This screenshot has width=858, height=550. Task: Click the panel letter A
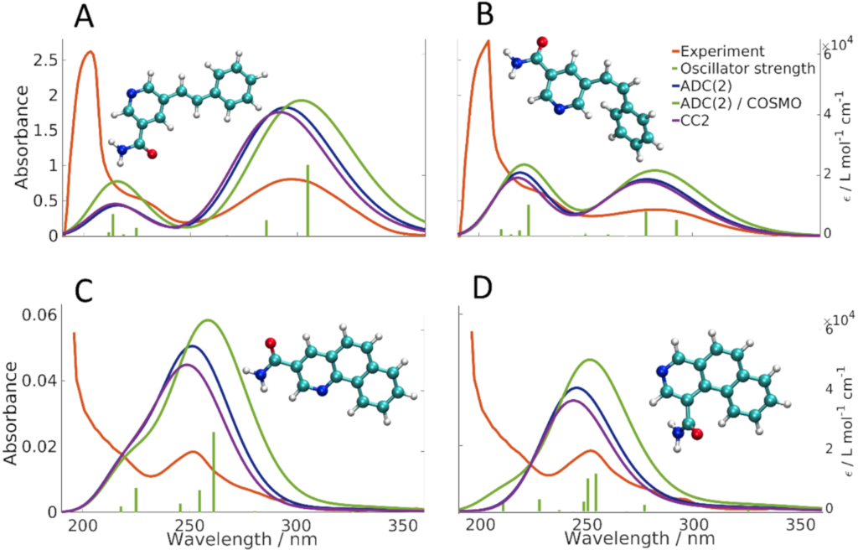click(85, 16)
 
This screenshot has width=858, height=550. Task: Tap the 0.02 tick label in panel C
click(38, 446)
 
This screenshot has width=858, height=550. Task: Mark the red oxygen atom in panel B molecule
click(541, 40)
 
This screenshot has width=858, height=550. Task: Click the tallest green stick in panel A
click(308, 200)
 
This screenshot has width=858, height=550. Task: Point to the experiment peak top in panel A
click(90, 52)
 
